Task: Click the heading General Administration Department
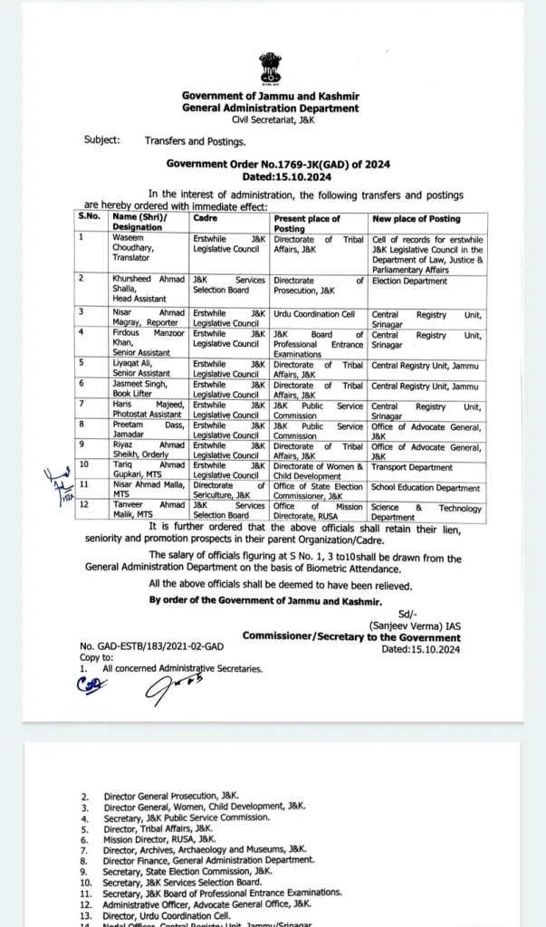[x=270, y=109]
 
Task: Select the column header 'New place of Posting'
[x=417, y=219]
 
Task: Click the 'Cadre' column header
[x=206, y=219]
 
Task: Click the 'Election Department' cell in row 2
[x=410, y=282]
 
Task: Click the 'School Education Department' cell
[x=426, y=488]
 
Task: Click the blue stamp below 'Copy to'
[x=90, y=685]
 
